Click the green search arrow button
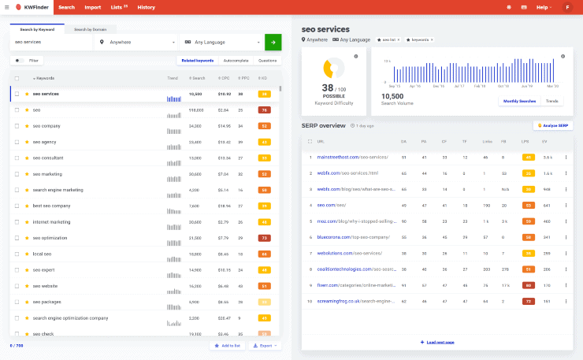273,42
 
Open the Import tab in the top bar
92,7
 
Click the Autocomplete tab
236,60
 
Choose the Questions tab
268,60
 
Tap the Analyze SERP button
554,125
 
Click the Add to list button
227,345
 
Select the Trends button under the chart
552,102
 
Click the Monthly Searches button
519,102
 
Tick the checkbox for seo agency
17,142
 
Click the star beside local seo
27,254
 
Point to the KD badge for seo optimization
265,238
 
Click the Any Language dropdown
221,42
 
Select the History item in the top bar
146,7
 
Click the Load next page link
437,342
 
